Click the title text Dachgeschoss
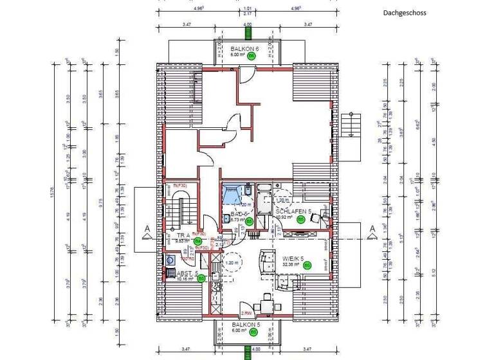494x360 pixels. [405, 12]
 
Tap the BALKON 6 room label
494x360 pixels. [244, 49]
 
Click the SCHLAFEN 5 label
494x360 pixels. [293, 211]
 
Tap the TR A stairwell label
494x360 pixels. [182, 235]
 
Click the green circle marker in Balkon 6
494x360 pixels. [252, 56]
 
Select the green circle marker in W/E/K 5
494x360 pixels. [307, 265]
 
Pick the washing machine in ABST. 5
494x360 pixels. [170, 260]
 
